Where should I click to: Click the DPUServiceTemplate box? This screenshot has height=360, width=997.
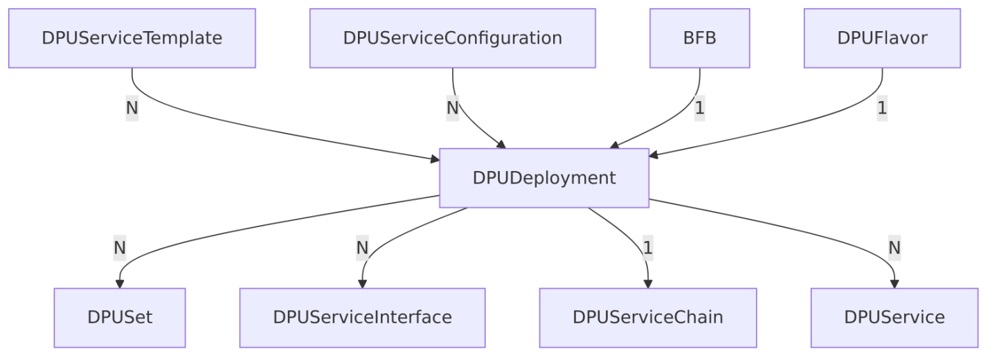132,38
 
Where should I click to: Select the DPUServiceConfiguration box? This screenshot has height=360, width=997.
452,38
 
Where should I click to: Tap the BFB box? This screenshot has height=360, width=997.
699,38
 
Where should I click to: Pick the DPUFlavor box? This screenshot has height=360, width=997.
882,38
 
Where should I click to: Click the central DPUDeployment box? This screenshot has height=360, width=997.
544,178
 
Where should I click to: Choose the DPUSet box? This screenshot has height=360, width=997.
120,317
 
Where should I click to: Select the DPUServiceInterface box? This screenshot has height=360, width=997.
362,317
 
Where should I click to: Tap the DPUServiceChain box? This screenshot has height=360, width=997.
647,317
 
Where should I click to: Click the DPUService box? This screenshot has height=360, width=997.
894,317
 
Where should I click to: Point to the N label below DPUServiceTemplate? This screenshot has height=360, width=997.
132,108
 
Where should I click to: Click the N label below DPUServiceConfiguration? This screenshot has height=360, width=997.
452,108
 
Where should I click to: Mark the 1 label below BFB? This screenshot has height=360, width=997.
699,108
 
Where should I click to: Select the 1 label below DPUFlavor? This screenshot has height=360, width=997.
882,108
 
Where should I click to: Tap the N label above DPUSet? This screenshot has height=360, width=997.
120,247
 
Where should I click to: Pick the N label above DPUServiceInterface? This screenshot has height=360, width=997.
362,247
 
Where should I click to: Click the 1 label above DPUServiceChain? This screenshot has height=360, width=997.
647,247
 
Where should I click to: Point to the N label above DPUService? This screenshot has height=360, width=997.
894,247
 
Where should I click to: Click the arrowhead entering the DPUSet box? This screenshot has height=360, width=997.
120,283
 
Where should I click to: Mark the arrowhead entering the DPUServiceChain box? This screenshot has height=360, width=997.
647,283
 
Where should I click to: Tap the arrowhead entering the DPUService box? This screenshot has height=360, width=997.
894,283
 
